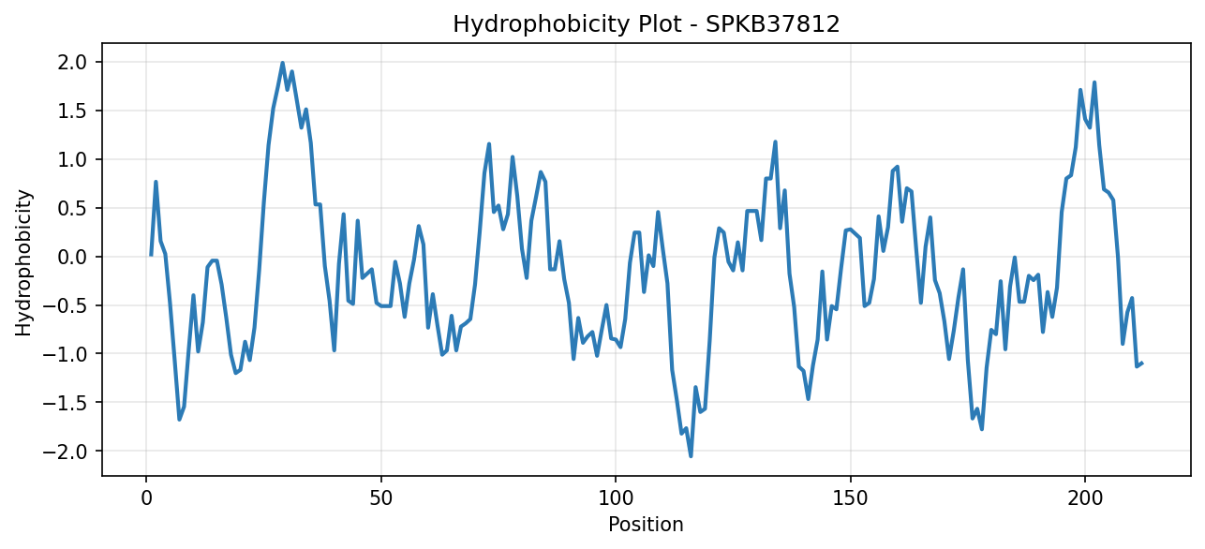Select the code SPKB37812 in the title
[772, 24]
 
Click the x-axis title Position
[646, 525]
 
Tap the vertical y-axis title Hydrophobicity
[23, 263]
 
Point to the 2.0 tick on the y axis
[73, 63]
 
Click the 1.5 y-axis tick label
[73, 111]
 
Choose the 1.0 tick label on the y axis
[73, 159]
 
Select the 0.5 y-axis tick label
[73, 208]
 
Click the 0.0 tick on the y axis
[73, 257]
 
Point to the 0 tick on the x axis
[146, 498]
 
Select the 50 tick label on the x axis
[380, 498]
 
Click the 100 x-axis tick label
[616, 498]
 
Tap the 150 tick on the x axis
[850, 498]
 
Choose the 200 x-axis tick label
[1085, 498]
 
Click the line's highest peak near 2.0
[282, 63]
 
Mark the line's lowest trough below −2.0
[691, 456]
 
